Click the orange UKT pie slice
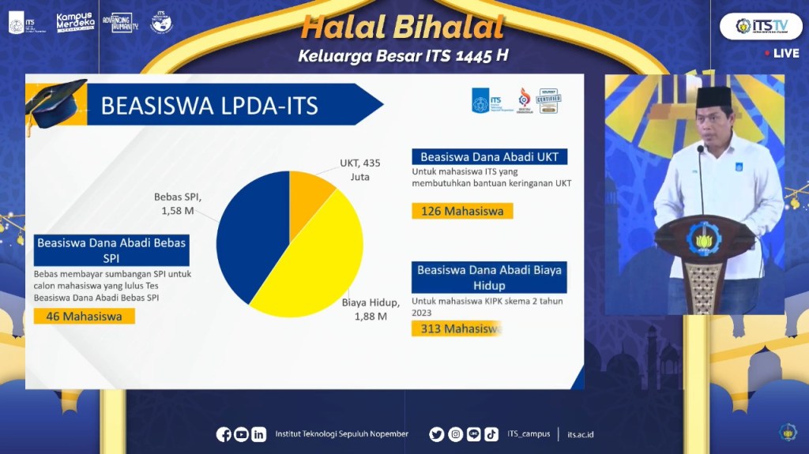[x=308, y=196]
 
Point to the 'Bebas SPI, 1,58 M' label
[x=178, y=204]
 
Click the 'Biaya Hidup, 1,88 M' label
[x=371, y=309]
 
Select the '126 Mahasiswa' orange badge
[x=462, y=211]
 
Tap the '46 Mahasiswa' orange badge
[x=84, y=316]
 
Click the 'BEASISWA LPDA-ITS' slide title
[x=210, y=106]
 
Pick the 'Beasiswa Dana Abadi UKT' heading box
[x=489, y=156]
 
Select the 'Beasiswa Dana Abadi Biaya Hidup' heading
[x=489, y=277]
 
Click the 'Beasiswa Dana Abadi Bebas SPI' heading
[x=111, y=250]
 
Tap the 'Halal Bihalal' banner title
[x=403, y=28]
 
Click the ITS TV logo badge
[x=760, y=26]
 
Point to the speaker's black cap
[x=713, y=97]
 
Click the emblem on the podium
[x=702, y=238]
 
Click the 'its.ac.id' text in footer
[x=580, y=434]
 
